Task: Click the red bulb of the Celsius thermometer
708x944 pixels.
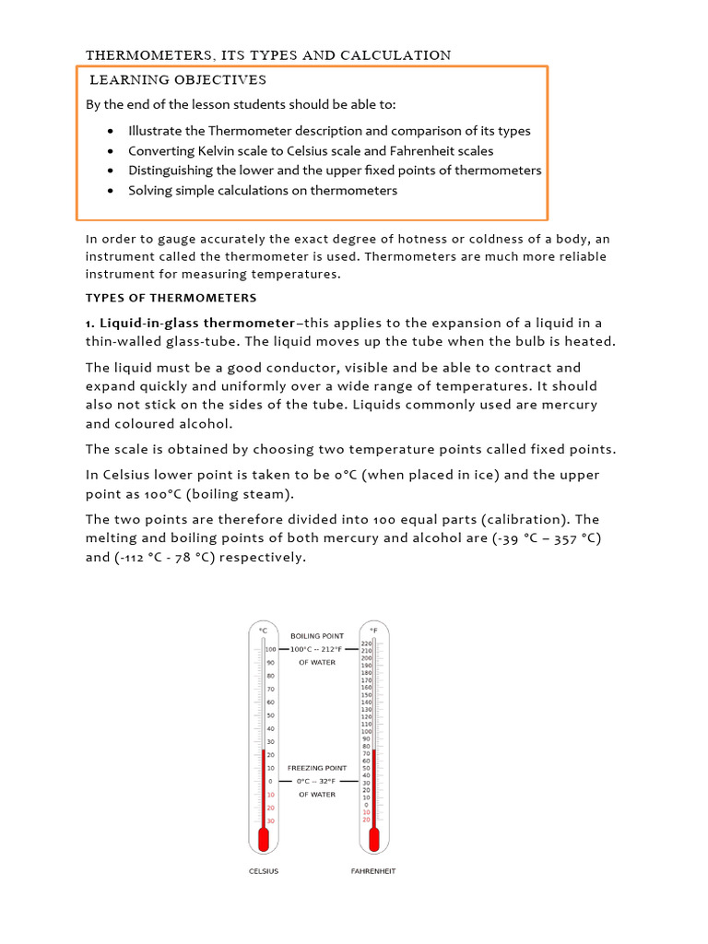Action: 264,840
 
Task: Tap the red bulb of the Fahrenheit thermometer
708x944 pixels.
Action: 373,840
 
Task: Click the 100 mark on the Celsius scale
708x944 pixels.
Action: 270,649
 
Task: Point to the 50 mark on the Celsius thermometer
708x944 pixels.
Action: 270,715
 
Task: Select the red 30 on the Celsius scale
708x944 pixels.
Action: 270,821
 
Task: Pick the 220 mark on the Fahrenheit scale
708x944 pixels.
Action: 366,643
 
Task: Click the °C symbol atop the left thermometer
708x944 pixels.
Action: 264,631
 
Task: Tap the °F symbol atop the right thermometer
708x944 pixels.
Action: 373,631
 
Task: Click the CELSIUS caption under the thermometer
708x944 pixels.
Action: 264,871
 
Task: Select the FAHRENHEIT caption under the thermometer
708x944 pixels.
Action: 373,871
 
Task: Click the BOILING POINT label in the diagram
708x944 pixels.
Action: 317,636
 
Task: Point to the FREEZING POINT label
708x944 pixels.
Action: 317,768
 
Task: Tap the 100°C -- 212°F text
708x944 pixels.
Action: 317,649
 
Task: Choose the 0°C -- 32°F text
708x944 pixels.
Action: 317,781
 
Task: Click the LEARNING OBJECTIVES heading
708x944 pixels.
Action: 177,80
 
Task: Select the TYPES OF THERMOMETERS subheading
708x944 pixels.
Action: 171,298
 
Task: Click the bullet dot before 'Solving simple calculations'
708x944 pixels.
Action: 111,191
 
